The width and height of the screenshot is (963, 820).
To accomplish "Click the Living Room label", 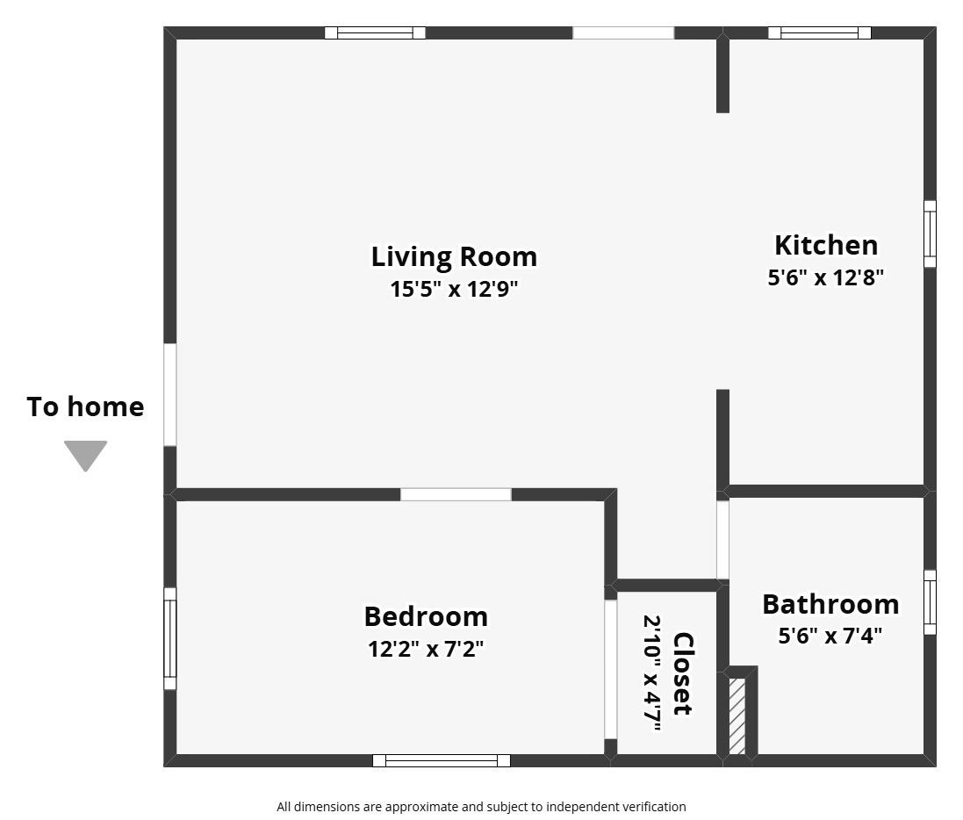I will [454, 256].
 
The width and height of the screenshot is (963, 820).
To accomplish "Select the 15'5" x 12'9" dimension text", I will [454, 289].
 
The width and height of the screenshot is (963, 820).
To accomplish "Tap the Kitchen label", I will [825, 245].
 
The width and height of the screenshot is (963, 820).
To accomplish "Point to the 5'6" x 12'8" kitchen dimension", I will [825, 277].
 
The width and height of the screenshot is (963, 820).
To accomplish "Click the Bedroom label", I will [426, 616].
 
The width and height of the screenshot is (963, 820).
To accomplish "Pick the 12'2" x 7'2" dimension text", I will [426, 649].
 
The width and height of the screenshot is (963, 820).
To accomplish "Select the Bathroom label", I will [830, 604].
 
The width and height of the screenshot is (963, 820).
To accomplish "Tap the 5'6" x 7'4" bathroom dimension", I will [830, 635].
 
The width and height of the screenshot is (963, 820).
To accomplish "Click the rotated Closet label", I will [683, 673].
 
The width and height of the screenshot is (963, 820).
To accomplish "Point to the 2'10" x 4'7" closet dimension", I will [653, 673].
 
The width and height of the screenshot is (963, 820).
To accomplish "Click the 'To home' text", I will [85, 406].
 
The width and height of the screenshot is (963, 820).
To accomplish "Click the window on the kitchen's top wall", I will [819, 33].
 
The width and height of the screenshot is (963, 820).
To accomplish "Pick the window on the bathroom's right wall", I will [930, 602].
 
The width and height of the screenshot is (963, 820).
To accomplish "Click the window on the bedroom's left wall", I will [170, 638].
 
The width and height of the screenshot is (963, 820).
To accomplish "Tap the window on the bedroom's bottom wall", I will [441, 760].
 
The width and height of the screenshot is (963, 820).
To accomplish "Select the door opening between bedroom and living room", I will [456, 494].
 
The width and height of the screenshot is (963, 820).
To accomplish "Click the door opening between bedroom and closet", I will [610, 669].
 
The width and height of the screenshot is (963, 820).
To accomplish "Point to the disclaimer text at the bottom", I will [481, 806].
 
